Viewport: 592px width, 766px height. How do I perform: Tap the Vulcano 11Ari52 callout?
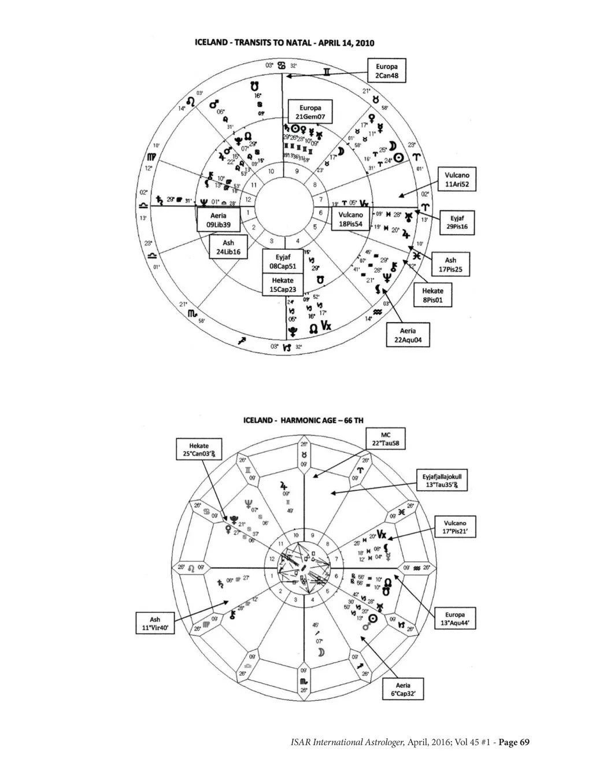[457, 179]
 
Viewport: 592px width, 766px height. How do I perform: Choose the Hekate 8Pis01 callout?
[432, 295]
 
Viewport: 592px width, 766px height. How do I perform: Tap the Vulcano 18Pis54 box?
[350, 219]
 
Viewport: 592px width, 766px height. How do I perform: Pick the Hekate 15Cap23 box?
[283, 285]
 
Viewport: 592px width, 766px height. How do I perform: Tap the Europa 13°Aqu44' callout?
[456, 619]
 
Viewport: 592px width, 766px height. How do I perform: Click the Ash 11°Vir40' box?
[154, 625]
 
